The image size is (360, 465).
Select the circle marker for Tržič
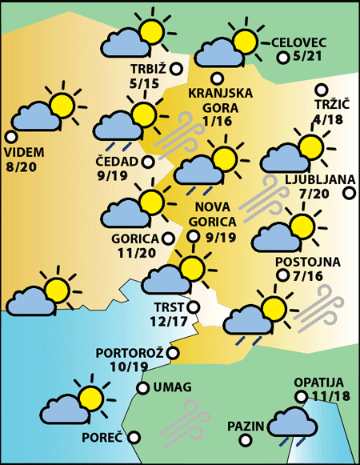coord(322,90)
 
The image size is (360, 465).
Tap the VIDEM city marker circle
coord(10,137)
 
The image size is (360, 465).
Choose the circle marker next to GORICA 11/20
coord(167,238)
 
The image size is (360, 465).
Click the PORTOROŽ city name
coord(130,352)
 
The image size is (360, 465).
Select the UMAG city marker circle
coord(142,388)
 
